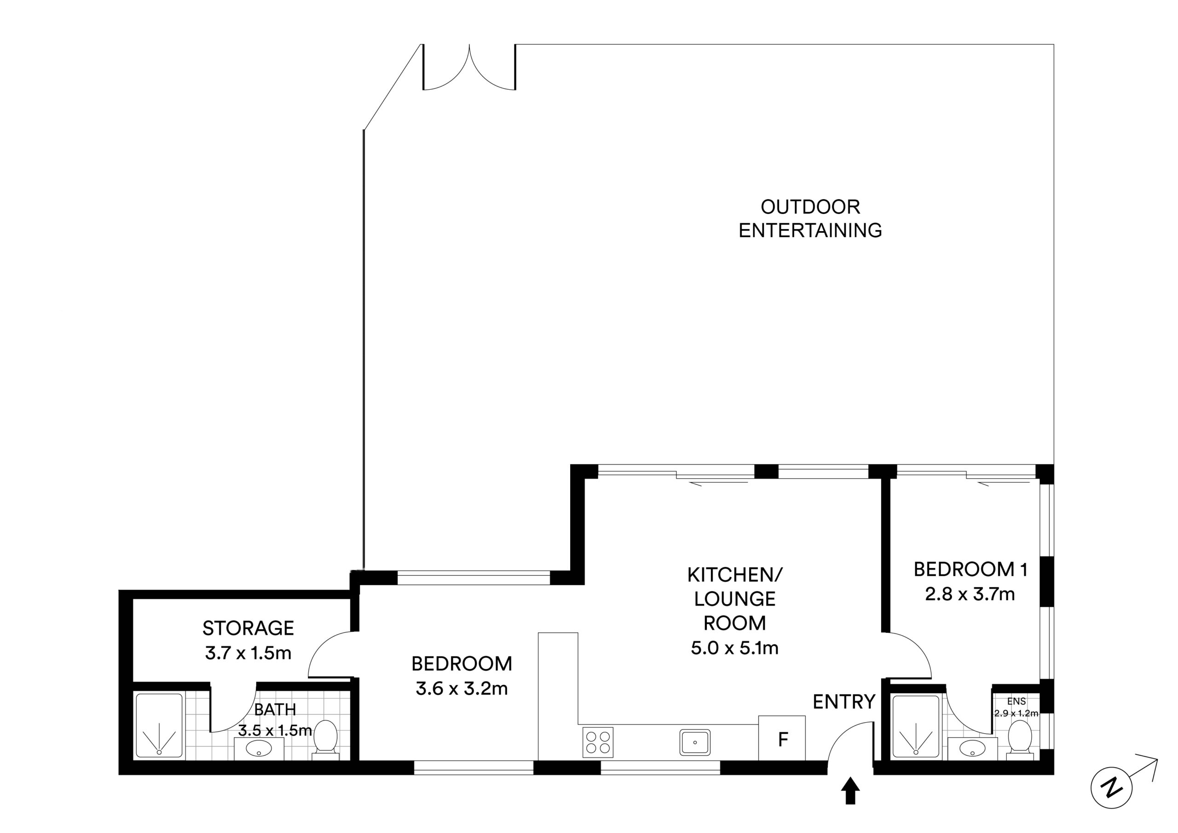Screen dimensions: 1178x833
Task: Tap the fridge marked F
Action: (x=782, y=738)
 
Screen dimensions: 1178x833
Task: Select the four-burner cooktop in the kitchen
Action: (x=598, y=742)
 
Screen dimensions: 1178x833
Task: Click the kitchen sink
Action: (x=695, y=742)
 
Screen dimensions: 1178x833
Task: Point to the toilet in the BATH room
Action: (x=326, y=740)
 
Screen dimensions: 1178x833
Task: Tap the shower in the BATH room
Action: (x=159, y=726)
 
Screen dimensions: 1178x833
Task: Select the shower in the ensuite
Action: (x=916, y=726)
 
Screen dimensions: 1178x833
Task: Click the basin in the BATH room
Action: (x=259, y=748)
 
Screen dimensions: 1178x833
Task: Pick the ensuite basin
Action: (x=972, y=748)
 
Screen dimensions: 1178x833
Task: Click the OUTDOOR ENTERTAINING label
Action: (x=810, y=219)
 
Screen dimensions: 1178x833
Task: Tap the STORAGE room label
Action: (x=248, y=628)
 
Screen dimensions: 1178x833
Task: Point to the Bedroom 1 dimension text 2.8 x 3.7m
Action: (x=970, y=594)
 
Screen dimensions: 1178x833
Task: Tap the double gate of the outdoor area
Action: (x=469, y=68)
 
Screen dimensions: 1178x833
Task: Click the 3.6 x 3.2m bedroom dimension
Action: (x=462, y=689)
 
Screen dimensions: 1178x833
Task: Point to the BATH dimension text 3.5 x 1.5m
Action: (x=275, y=730)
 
